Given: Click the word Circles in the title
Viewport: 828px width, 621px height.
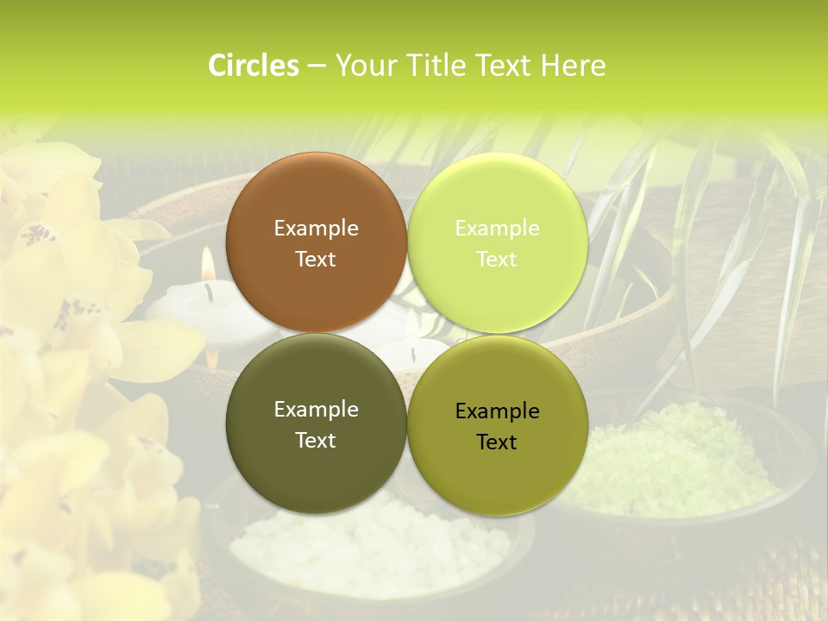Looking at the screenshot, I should pos(253,66).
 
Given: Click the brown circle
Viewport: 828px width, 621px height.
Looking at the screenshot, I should pos(316,242).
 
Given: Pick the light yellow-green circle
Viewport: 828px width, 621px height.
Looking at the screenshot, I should pos(497,242).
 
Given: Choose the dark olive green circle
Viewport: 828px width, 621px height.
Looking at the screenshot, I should pos(316,423).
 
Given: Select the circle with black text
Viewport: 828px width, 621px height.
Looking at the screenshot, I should pos(497,425).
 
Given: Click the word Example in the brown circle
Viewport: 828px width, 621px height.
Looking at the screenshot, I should pos(316,229).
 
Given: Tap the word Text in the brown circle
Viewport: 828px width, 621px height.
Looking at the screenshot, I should pos(316,259).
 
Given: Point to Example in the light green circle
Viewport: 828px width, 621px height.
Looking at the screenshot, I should pos(497,229).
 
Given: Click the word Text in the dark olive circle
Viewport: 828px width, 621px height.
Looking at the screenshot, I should pos(316,440).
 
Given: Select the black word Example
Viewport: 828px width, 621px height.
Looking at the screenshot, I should pos(497,411).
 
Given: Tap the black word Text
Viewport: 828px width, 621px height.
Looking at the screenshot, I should pos(497,442).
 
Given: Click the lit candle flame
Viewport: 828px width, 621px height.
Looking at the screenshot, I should pos(207,262).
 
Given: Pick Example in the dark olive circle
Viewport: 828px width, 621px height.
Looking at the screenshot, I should pos(316,410).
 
